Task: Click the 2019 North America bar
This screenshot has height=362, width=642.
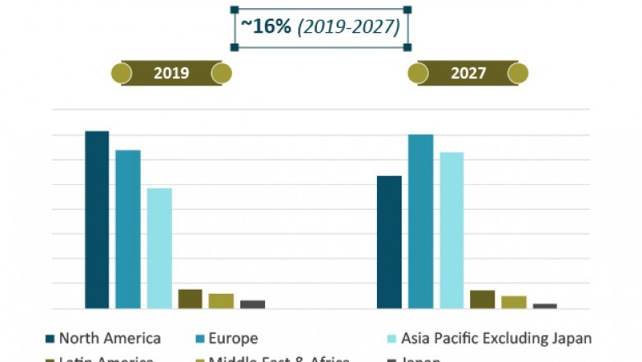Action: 97,220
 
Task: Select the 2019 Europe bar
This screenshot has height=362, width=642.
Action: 128,230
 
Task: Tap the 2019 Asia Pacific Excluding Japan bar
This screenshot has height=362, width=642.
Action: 159,248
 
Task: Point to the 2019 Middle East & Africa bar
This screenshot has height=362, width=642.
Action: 221,301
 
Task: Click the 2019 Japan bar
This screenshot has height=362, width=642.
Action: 252,304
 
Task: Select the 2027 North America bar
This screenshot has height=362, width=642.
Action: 389,243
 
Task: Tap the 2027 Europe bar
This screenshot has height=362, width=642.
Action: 421,221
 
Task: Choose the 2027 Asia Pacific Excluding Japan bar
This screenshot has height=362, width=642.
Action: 451,230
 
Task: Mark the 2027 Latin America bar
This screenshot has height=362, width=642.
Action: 482,299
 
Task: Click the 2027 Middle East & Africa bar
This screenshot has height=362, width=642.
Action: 514,302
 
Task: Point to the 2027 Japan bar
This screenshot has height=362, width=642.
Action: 544,306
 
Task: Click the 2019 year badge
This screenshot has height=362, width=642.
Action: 171,73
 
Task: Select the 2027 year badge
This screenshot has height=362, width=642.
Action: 468,73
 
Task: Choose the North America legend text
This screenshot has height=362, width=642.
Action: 109,338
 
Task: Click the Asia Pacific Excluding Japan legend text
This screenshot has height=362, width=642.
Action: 496,338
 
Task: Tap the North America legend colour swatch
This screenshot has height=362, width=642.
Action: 49,339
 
